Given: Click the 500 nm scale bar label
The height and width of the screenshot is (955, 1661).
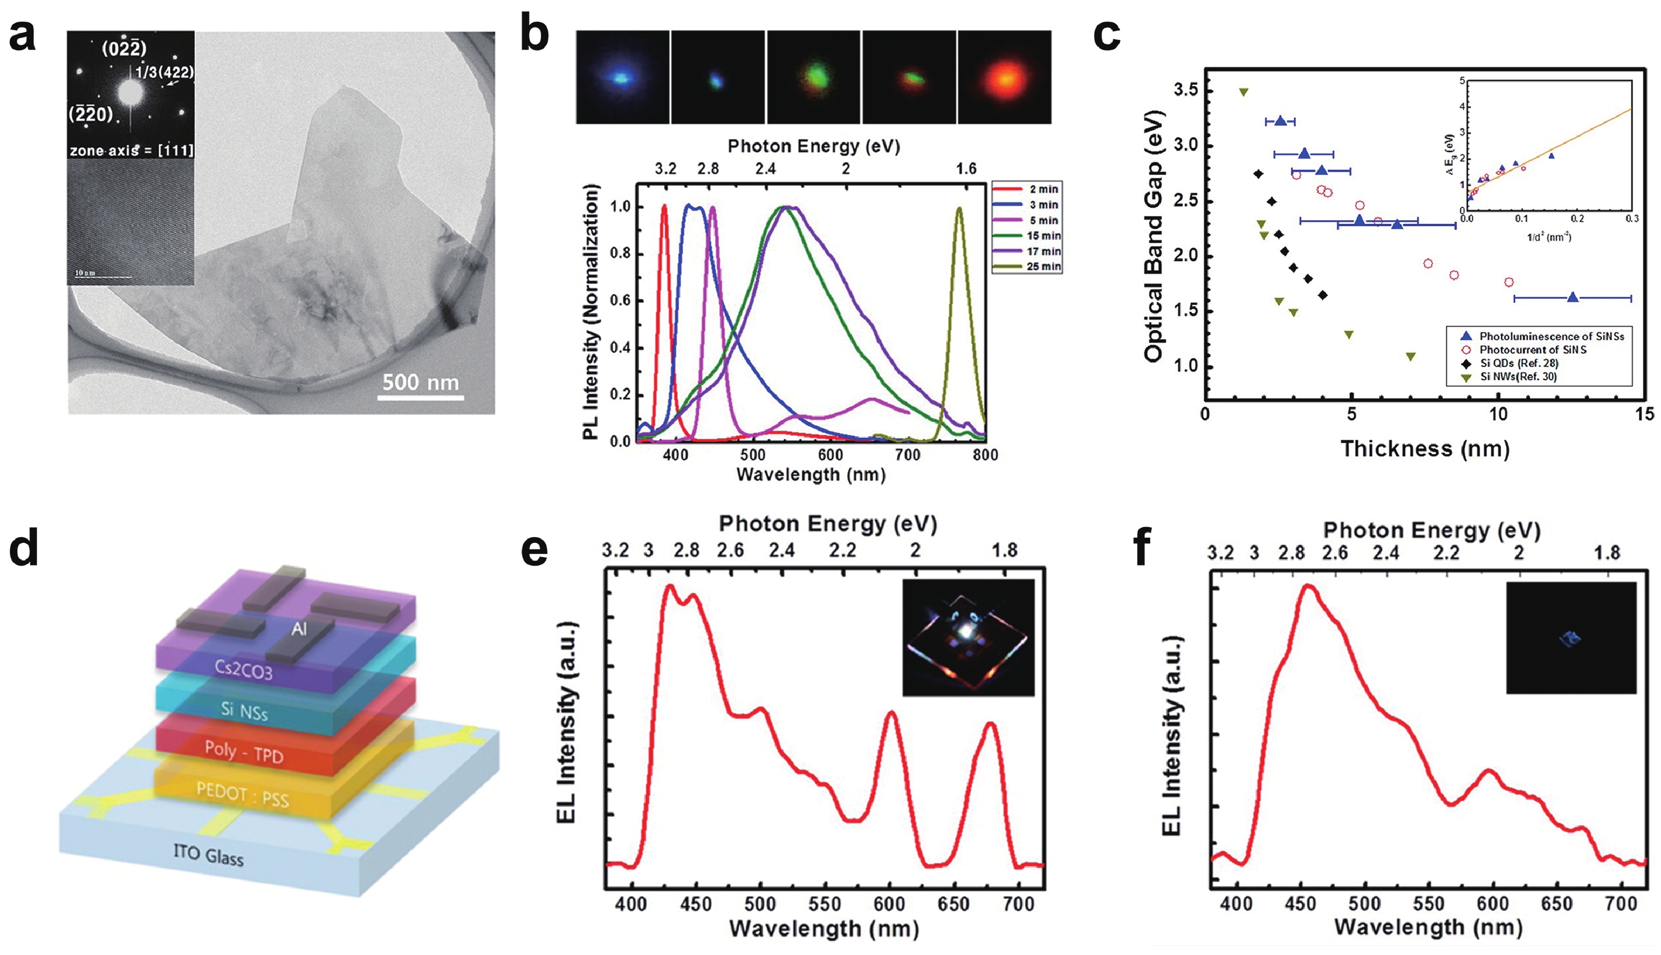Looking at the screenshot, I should point(420,382).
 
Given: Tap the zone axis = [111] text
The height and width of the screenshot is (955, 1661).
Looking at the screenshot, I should point(131,151).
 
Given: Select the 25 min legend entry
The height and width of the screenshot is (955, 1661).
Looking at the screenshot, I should point(1042,266).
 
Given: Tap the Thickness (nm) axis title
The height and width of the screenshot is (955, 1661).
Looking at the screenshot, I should point(1424,448).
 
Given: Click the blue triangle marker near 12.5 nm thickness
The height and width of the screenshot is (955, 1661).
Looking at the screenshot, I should point(1572,298).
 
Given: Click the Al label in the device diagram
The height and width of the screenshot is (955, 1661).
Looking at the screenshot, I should point(299,629).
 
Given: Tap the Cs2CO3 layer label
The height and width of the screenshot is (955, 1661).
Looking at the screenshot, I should point(243,670).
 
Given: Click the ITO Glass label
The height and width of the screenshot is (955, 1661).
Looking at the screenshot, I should point(208,855).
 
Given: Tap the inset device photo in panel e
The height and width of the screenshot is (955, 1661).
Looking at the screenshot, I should point(968,637).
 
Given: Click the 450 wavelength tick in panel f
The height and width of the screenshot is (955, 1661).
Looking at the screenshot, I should point(1300,904).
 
